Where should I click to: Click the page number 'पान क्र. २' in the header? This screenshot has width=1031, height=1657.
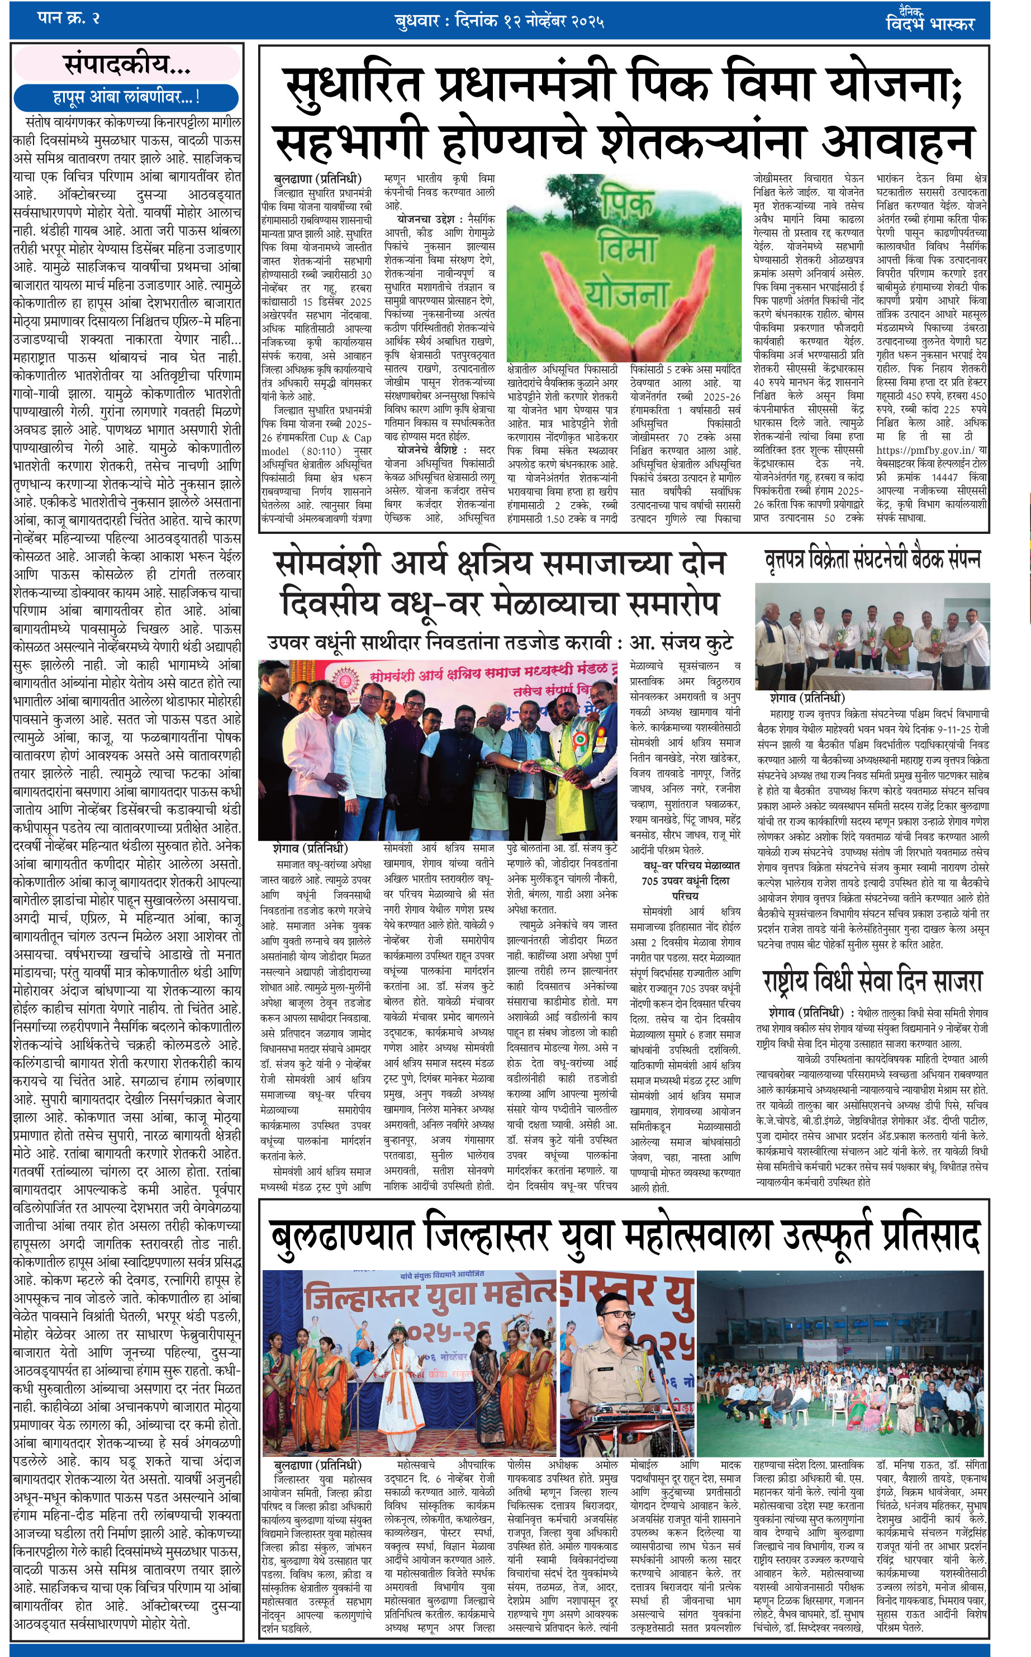click(69, 18)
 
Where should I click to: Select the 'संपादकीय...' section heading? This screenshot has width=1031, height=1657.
click(127, 65)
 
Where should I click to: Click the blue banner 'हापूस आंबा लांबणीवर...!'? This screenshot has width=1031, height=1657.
click(127, 97)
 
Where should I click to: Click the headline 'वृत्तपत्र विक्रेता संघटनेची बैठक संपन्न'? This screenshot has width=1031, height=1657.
click(872, 560)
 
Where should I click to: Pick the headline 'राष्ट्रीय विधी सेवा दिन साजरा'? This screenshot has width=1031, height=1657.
click(872, 981)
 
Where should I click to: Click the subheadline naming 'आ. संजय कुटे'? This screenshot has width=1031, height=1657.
click(500, 642)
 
